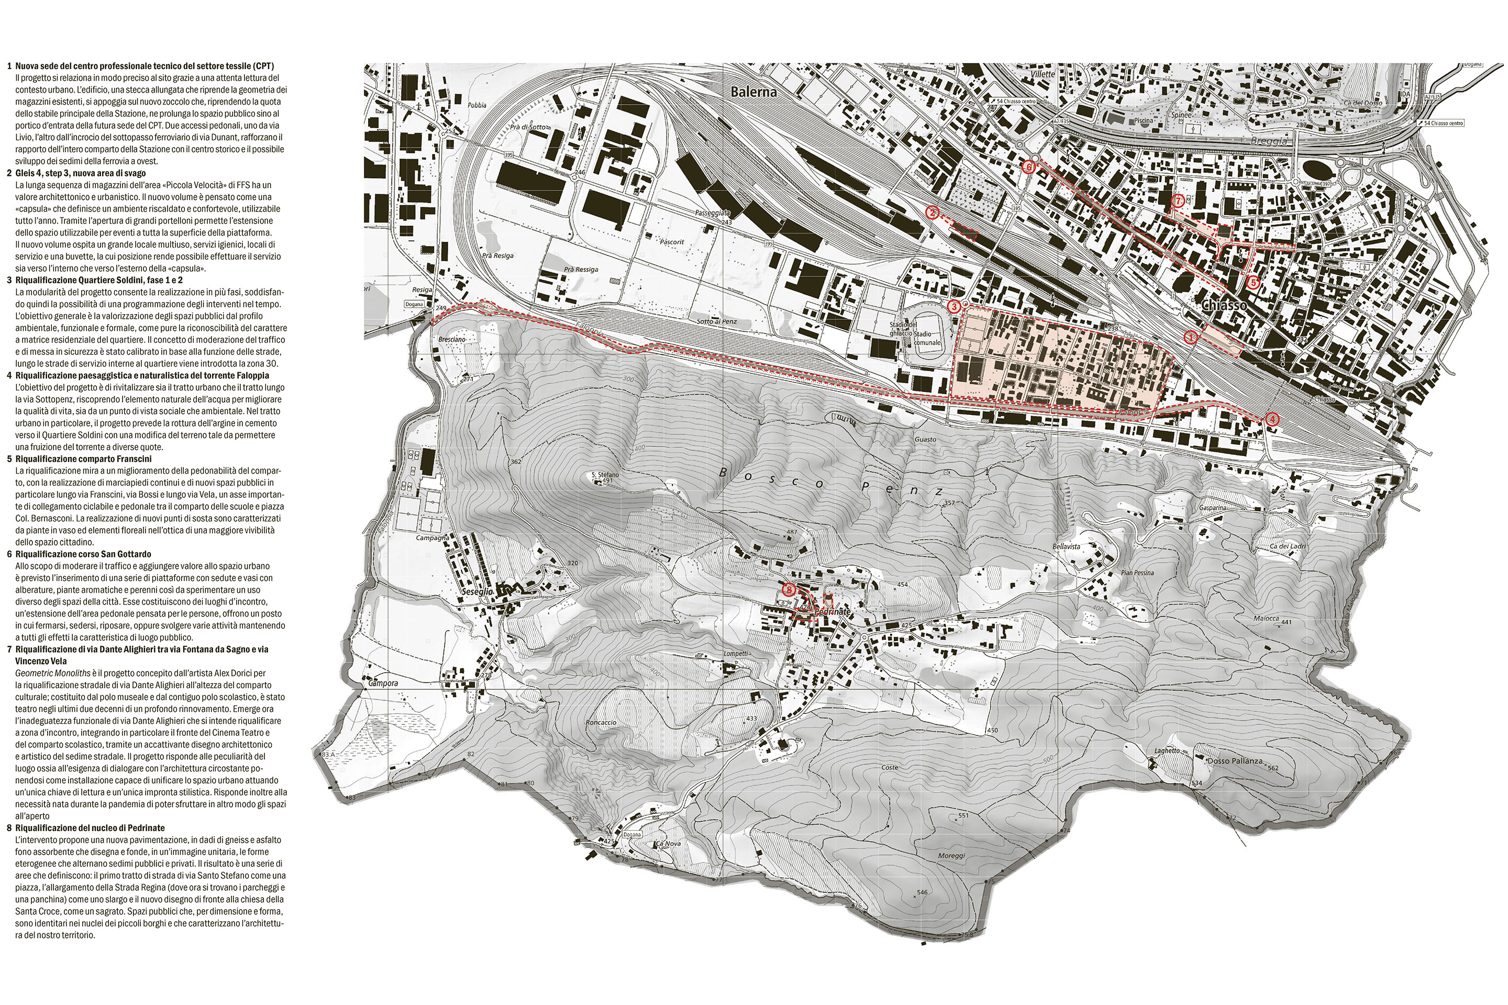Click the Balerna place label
click(753, 92)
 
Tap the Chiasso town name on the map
click(1224, 306)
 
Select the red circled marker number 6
click(1029, 166)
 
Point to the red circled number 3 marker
click(954, 307)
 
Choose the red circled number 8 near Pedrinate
click(789, 588)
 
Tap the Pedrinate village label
click(831, 612)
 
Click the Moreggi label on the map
click(951, 856)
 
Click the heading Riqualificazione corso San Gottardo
click(83, 554)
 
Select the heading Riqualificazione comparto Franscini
click(83, 459)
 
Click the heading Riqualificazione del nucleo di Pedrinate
click(90, 828)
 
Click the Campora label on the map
click(383, 683)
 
